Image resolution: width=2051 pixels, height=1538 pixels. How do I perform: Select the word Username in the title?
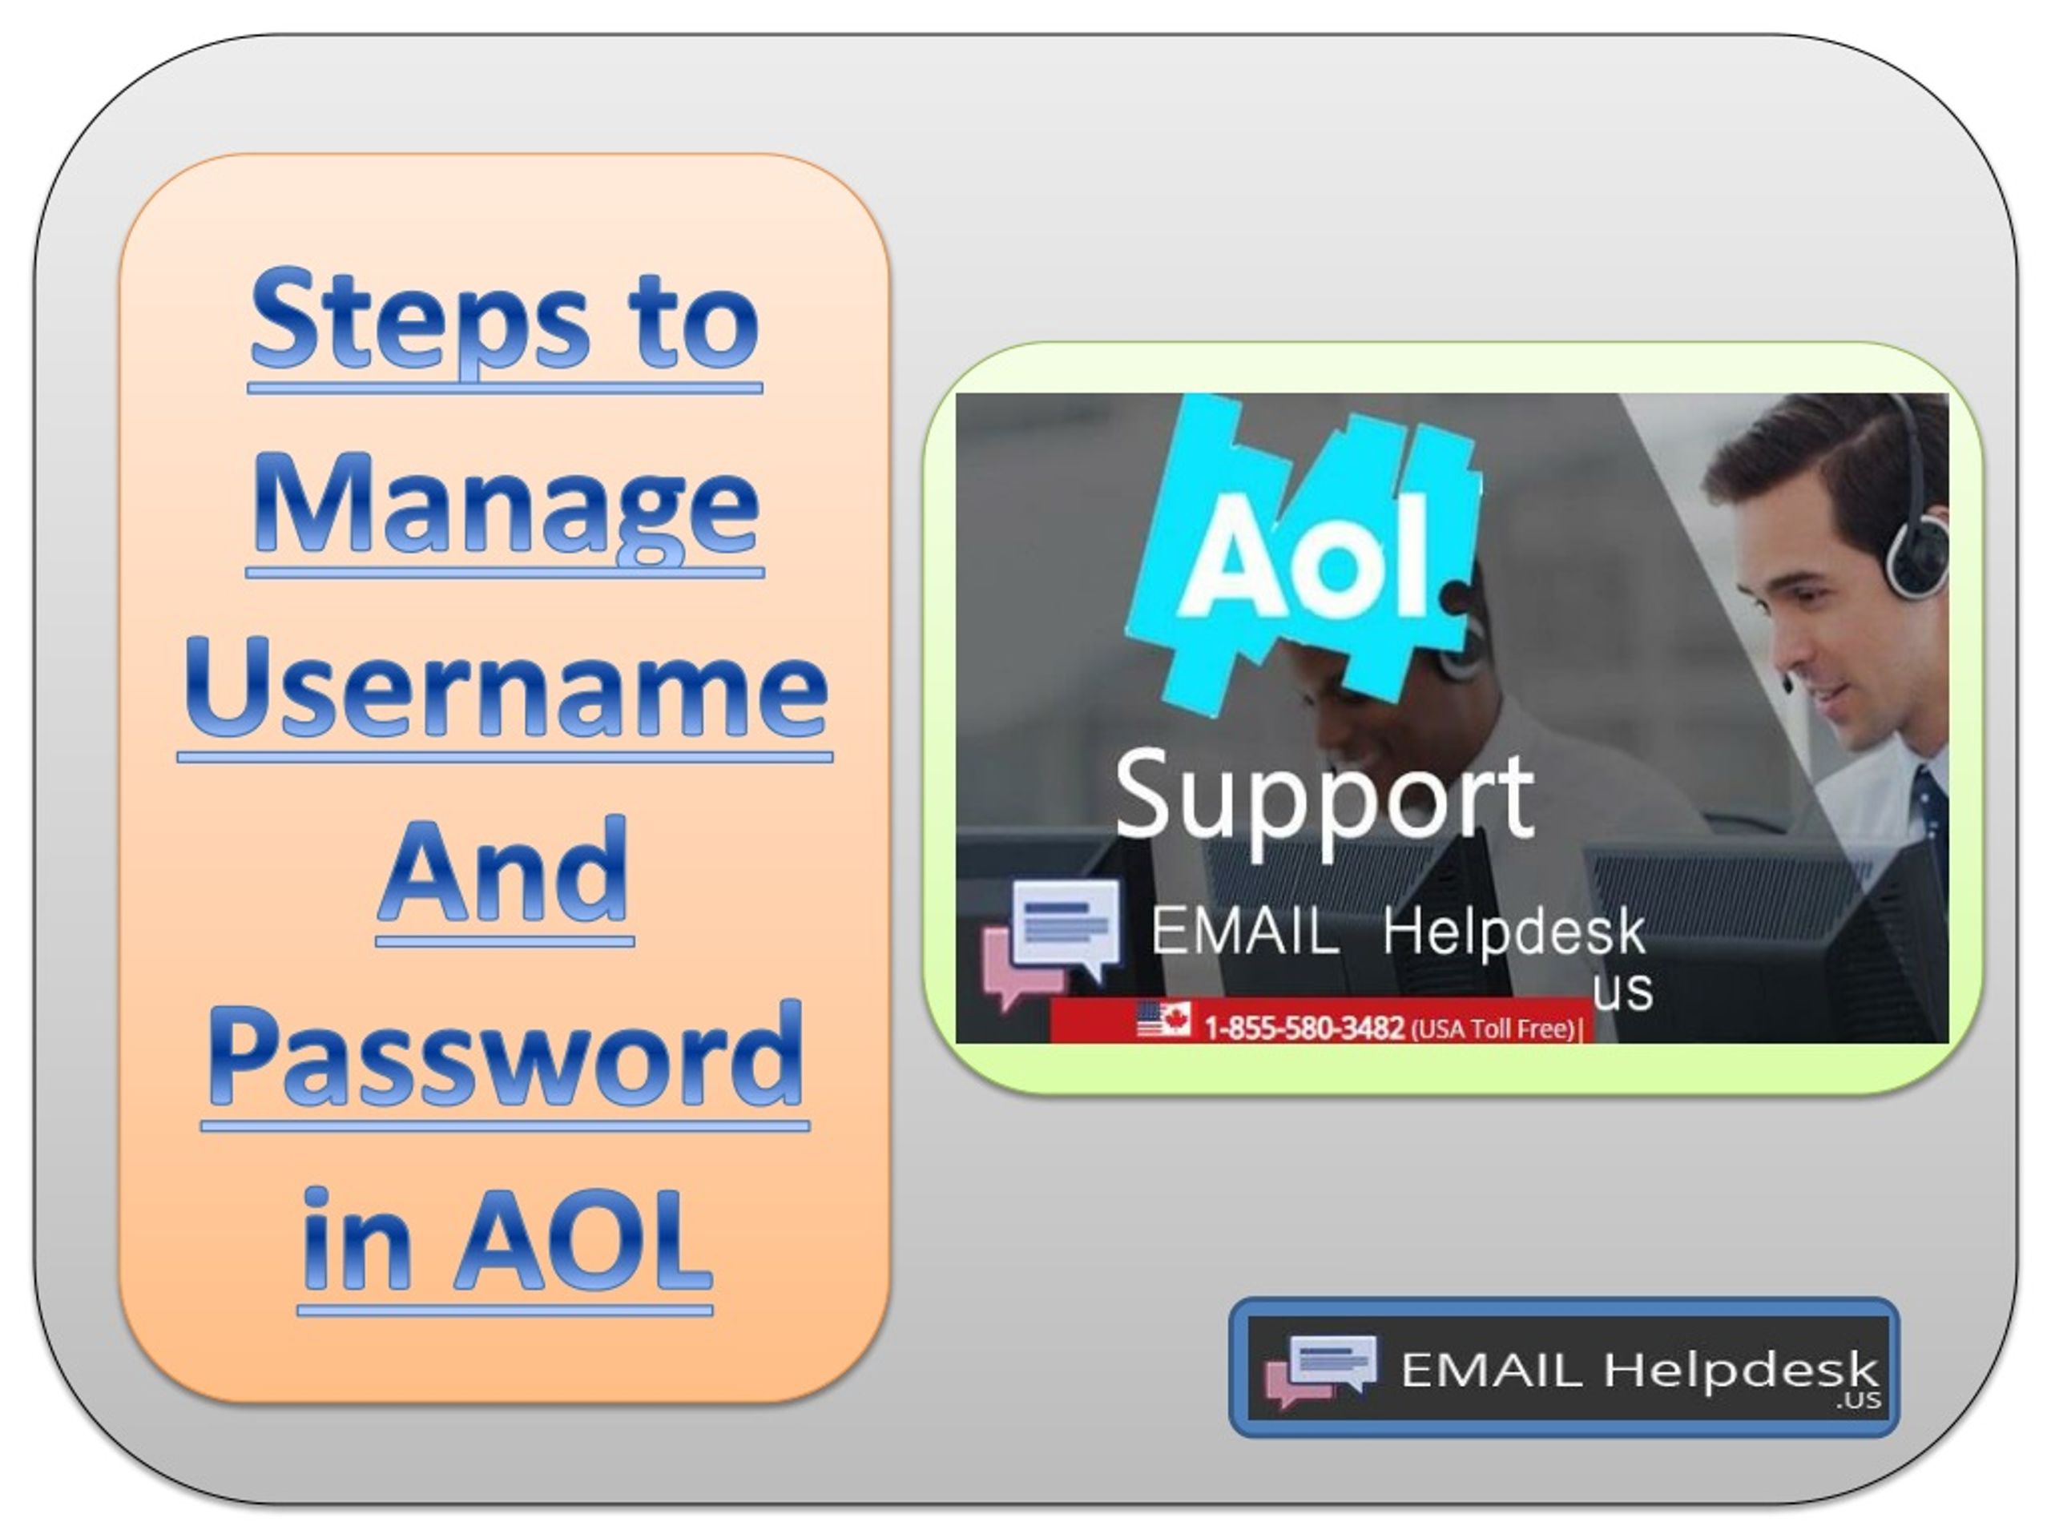click(x=506, y=690)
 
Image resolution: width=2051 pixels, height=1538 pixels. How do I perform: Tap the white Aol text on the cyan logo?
click(x=1302, y=558)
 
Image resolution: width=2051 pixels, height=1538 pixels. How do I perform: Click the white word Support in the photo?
click(x=1324, y=800)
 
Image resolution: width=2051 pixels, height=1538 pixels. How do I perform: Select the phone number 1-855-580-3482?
click(x=1304, y=1027)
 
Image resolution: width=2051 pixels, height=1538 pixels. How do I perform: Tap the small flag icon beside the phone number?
click(x=1163, y=1019)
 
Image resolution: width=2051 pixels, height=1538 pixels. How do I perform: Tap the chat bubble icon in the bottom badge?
click(x=1320, y=1371)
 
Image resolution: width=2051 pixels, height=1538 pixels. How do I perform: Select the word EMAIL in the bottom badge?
click(x=1491, y=1369)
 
